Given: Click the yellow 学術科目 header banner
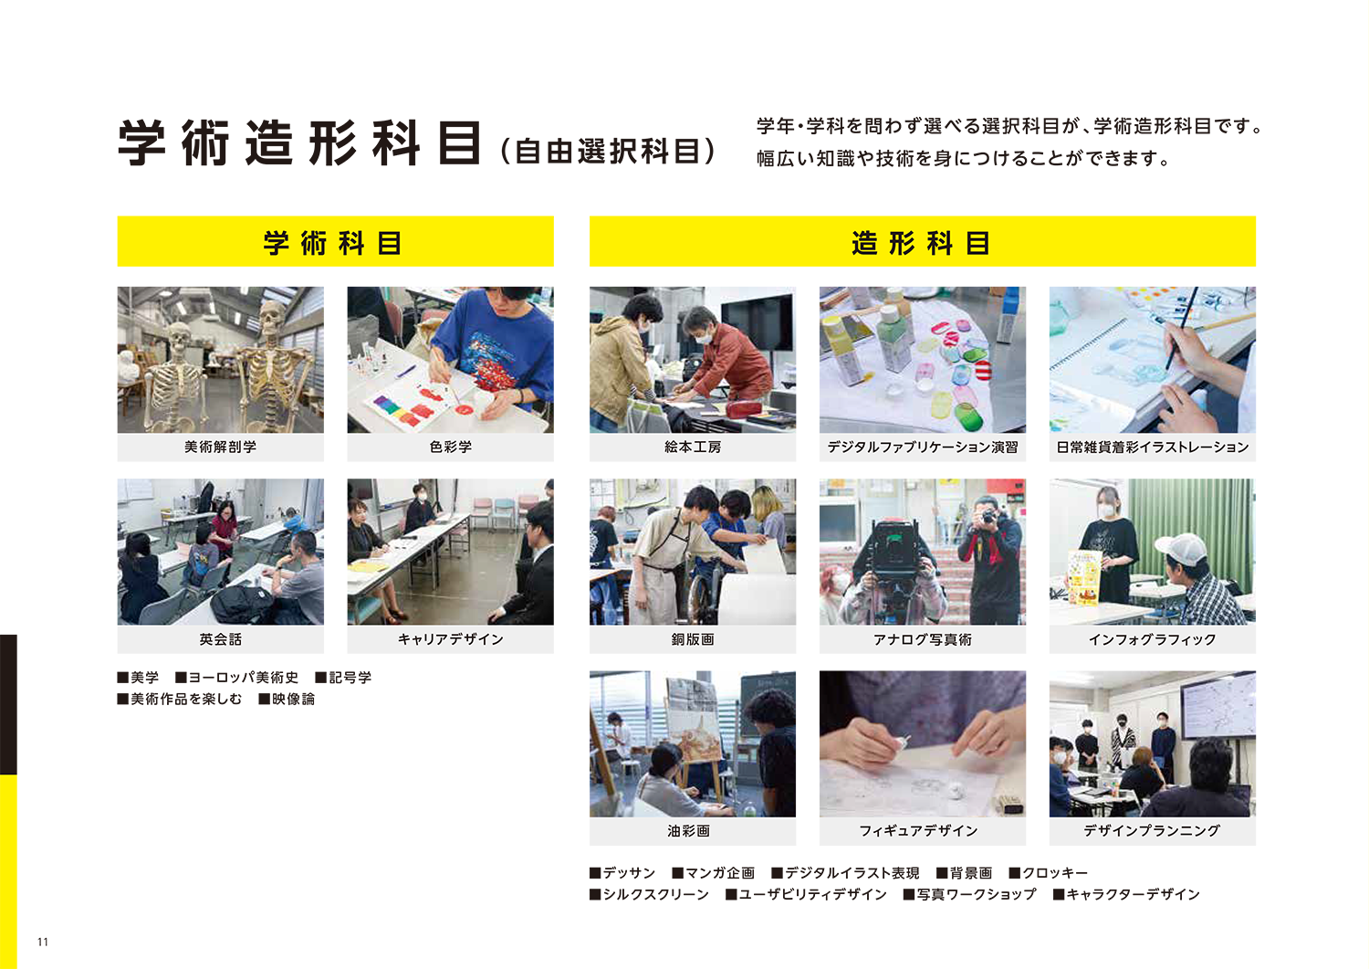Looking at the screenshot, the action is point(336,241).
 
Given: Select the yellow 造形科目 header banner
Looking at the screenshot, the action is point(922,241).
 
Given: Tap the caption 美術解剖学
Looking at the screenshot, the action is point(221,448).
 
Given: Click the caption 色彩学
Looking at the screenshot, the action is point(451,448).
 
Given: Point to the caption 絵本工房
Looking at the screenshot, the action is point(693,448).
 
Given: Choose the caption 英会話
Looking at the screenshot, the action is point(221,639).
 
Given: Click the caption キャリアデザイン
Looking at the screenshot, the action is point(451,639).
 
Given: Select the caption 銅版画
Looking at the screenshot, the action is point(693,639).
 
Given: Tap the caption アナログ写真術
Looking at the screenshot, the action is point(922,639).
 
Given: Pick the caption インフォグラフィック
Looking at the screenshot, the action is point(1152,639).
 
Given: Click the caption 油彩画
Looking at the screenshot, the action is point(689,831).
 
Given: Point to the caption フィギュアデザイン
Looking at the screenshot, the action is point(918,831).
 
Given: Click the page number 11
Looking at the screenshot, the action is point(43,942).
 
